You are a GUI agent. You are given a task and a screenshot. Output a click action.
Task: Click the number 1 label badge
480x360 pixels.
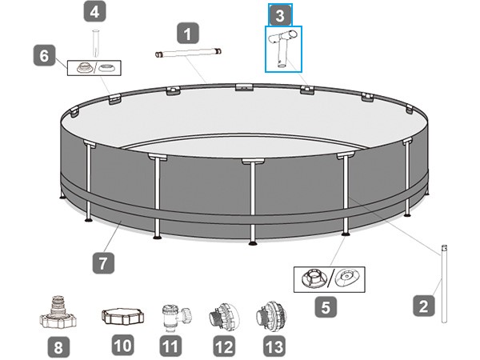[x=188, y=33]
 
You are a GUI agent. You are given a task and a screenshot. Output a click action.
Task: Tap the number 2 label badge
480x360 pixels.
[x=424, y=306]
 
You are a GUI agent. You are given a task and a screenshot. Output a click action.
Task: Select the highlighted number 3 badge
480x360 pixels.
[x=280, y=15]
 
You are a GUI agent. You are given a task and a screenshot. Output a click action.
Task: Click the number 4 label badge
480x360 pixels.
[x=95, y=12]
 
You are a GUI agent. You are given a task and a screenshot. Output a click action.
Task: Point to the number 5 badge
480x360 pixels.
[x=326, y=306]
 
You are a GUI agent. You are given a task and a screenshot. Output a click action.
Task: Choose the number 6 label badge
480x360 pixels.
[x=44, y=55]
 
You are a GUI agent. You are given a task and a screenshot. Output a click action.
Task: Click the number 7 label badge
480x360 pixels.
[x=103, y=262]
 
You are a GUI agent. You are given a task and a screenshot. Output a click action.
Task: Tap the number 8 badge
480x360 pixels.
[x=58, y=347]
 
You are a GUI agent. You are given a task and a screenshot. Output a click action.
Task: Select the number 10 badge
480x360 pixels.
[x=122, y=345]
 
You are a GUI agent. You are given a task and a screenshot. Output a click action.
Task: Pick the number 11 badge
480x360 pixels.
[x=170, y=346]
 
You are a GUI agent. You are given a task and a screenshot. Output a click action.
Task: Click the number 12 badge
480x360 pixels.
[x=224, y=346]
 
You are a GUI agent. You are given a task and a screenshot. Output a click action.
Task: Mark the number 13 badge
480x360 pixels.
[x=274, y=346]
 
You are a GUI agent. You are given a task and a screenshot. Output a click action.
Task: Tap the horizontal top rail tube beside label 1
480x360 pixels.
[x=188, y=53]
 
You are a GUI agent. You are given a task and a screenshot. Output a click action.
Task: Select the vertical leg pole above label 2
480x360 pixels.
[x=444, y=283]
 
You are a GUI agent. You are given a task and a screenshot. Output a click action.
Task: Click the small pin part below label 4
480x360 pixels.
[x=96, y=43]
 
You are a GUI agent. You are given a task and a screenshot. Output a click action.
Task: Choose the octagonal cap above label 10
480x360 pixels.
[x=122, y=316]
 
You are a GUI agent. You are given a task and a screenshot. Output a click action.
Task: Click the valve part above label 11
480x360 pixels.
[x=174, y=317]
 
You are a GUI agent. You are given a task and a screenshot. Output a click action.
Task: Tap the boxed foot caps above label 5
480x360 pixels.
[x=329, y=279]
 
